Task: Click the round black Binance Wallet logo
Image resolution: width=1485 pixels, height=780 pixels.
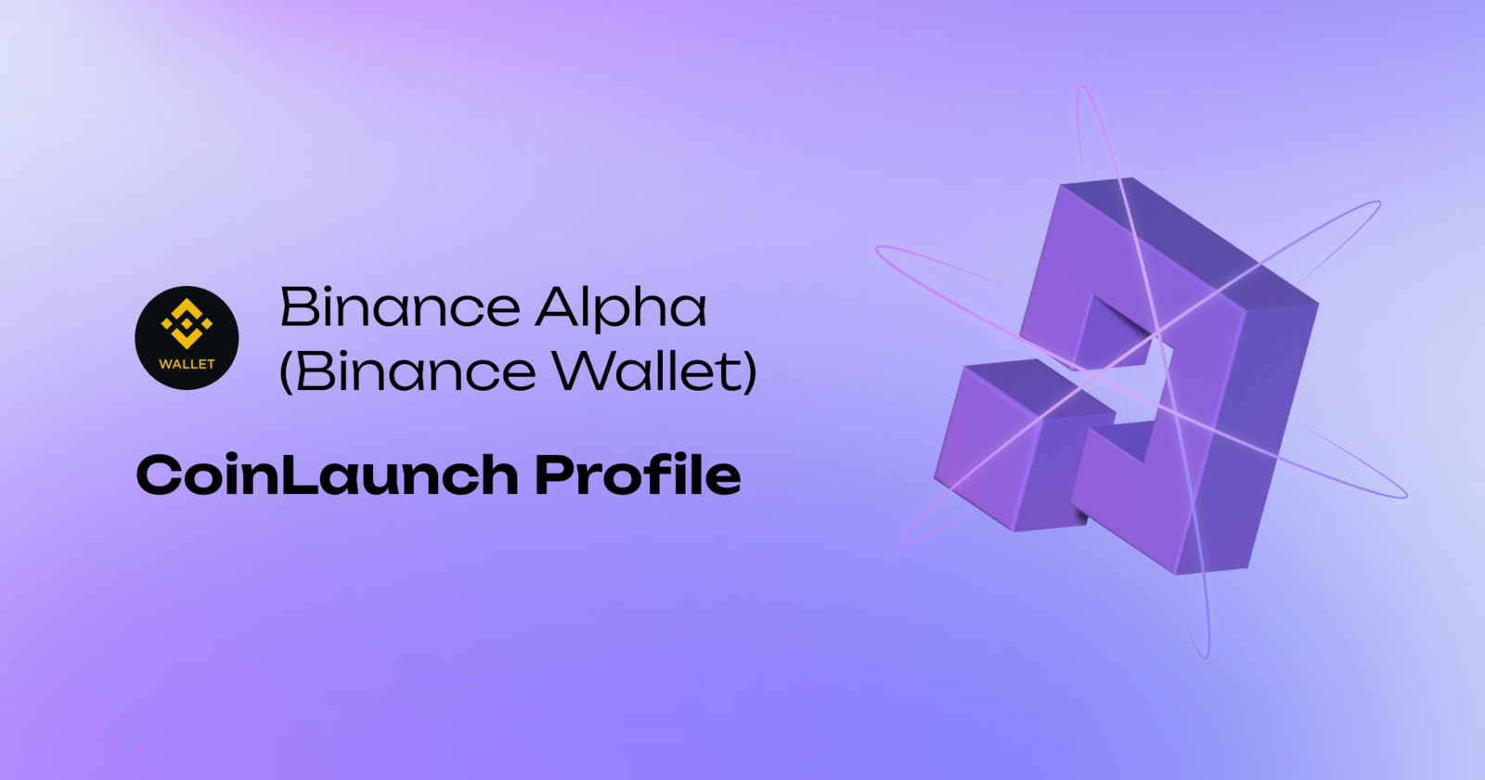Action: coord(187,338)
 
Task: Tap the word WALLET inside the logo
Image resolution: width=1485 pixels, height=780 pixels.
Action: coord(187,364)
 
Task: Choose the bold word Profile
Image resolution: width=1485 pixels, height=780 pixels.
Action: coord(638,474)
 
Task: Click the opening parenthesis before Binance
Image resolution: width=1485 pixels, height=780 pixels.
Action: coord(287,372)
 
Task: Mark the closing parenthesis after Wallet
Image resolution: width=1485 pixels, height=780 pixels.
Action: coord(749,372)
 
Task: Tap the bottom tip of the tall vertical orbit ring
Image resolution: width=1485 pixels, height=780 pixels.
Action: coord(1204,656)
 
